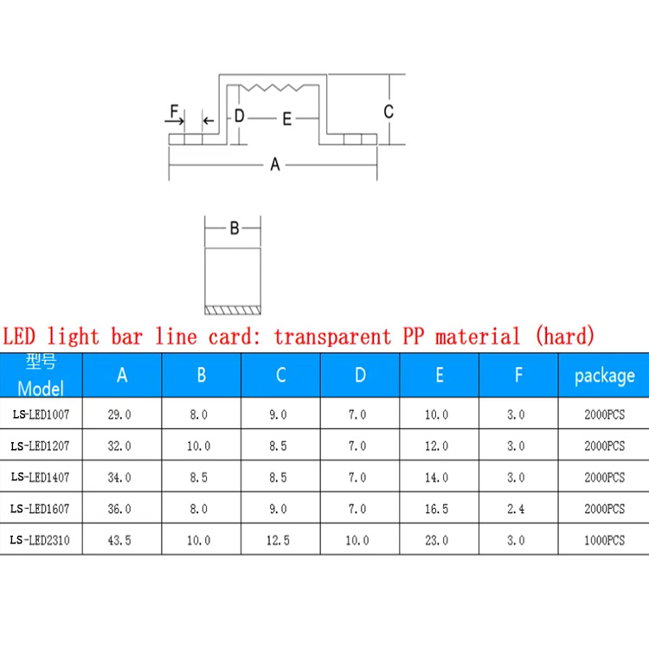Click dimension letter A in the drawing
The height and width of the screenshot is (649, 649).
pos(275,164)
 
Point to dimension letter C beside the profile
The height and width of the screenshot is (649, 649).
pos(389,112)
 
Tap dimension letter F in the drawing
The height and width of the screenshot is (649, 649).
pos(174,112)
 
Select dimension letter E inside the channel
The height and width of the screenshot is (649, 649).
pos(287,119)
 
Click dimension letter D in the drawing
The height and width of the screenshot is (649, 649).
pos(240,116)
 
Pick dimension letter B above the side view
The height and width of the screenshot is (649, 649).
pos(234,229)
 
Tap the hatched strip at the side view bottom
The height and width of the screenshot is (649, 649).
pos(232,308)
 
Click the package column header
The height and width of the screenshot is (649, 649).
pos(604,375)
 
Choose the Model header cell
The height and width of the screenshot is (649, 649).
pos(42,375)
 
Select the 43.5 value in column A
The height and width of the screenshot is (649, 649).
pos(120,540)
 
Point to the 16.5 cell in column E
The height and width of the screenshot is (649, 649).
pos(437,509)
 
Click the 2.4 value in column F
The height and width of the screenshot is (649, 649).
pos(517,509)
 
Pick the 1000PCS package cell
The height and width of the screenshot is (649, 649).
pos(604,540)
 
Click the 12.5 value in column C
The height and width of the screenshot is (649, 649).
pos(280,540)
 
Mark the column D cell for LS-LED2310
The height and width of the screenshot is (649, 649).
pos(357,540)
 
